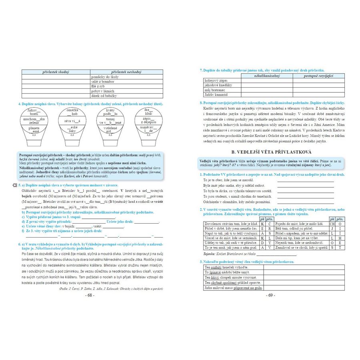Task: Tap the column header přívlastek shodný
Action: tap(56, 72)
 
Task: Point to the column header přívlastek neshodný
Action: tap(127, 72)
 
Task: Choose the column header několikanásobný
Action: tap(268, 76)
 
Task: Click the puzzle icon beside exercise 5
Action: tap(15, 185)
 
